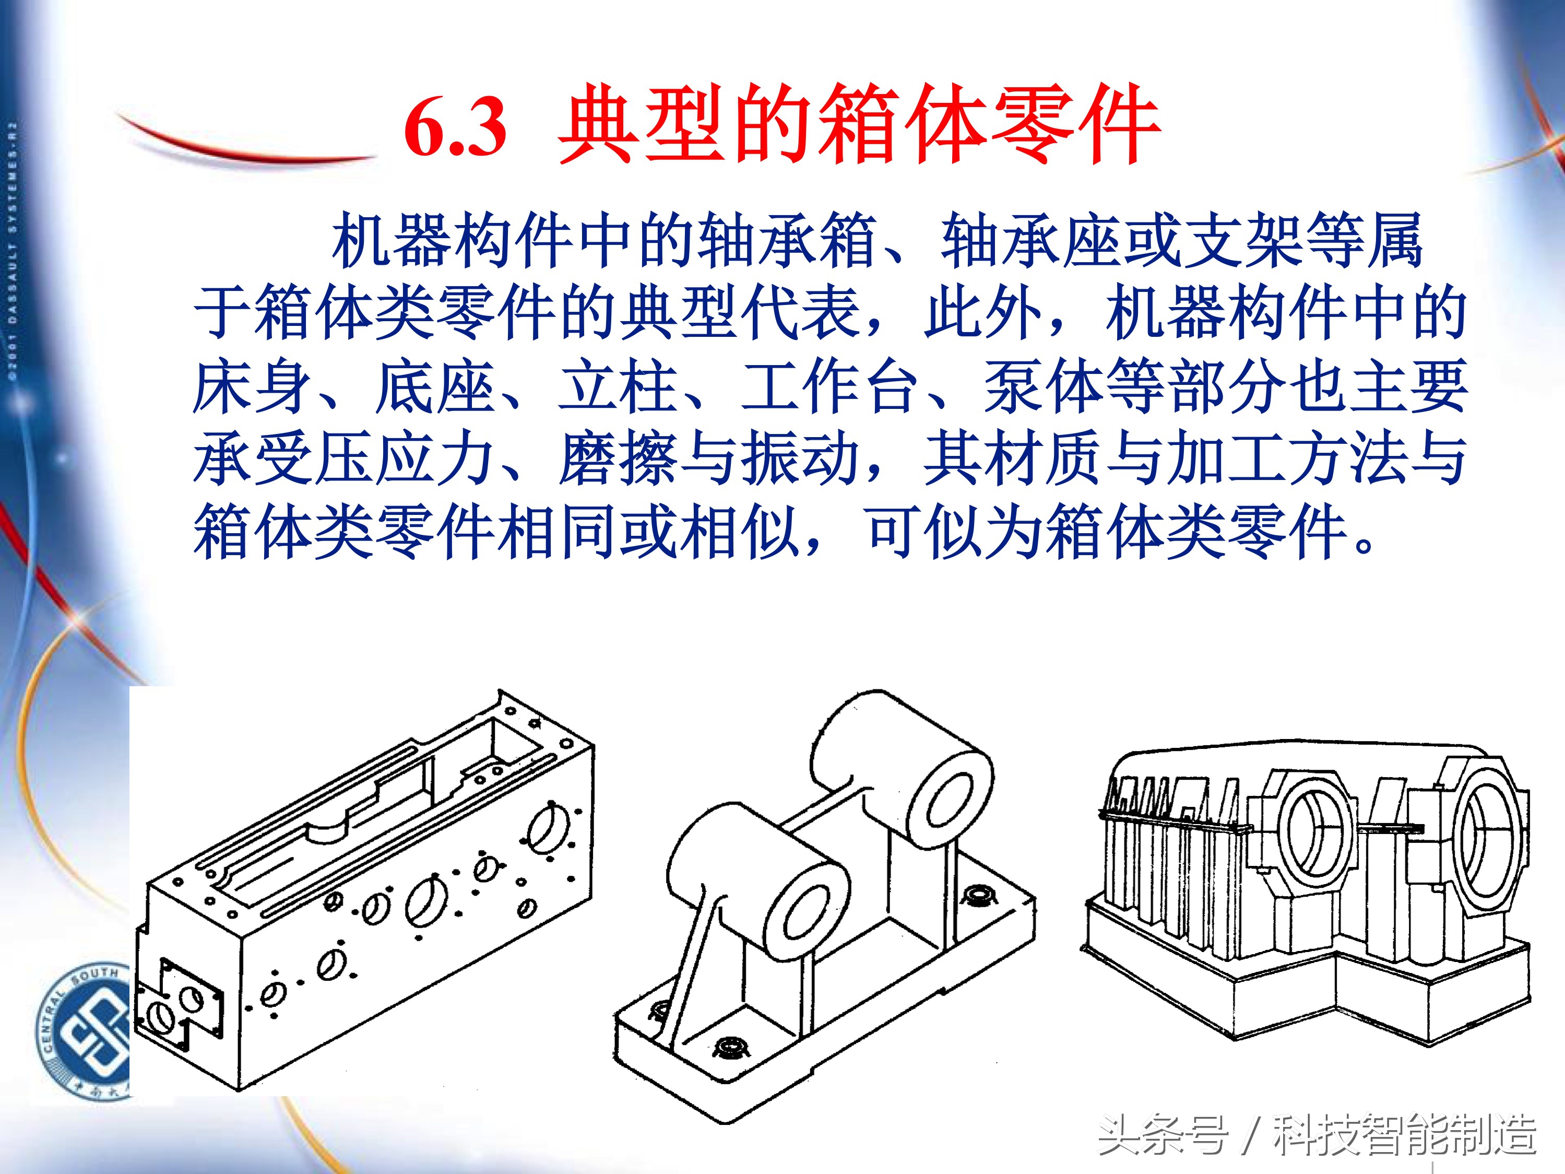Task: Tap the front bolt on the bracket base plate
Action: [729, 1047]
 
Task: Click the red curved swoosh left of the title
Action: [241, 145]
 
